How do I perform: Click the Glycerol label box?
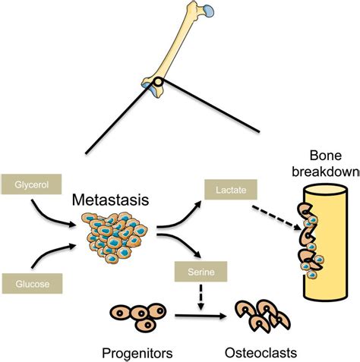(x=29, y=184)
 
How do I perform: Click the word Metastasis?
(x=110, y=200)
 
